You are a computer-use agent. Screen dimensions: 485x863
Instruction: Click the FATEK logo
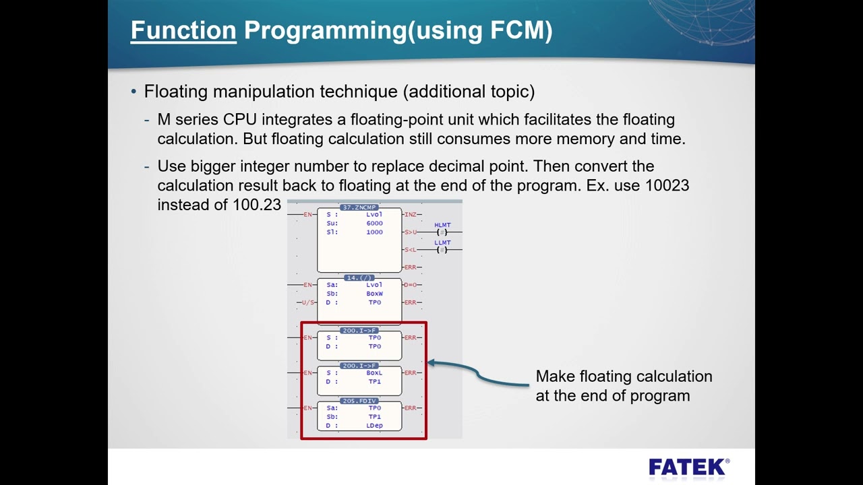click(x=688, y=467)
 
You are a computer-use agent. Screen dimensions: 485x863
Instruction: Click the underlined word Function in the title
click(x=183, y=30)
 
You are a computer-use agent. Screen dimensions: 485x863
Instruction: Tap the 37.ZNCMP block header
click(x=359, y=207)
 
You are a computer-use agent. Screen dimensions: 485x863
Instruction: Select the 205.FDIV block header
click(x=359, y=401)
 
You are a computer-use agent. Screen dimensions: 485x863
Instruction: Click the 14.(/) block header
click(x=359, y=278)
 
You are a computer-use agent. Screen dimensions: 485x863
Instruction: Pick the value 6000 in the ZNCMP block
click(x=374, y=223)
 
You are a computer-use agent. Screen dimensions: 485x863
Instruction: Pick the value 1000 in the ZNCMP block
click(x=374, y=232)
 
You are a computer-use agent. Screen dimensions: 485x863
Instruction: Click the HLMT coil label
click(x=442, y=225)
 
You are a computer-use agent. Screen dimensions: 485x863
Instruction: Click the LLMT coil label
click(x=442, y=243)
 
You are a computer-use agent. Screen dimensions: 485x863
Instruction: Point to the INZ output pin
click(x=410, y=214)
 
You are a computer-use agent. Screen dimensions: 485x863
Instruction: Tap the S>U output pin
click(x=410, y=232)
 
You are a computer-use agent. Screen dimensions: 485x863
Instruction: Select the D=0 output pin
click(x=410, y=285)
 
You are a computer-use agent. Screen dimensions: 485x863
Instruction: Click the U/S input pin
click(x=308, y=302)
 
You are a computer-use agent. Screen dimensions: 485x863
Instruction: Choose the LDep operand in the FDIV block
click(x=374, y=426)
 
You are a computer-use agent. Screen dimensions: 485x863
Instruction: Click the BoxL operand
click(x=374, y=373)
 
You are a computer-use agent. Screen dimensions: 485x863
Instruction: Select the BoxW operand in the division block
click(x=374, y=294)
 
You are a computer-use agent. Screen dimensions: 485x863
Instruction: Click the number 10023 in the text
click(x=667, y=185)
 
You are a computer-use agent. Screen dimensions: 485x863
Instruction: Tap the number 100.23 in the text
click(x=256, y=205)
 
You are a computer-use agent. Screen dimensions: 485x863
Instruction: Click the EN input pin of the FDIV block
click(x=307, y=408)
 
